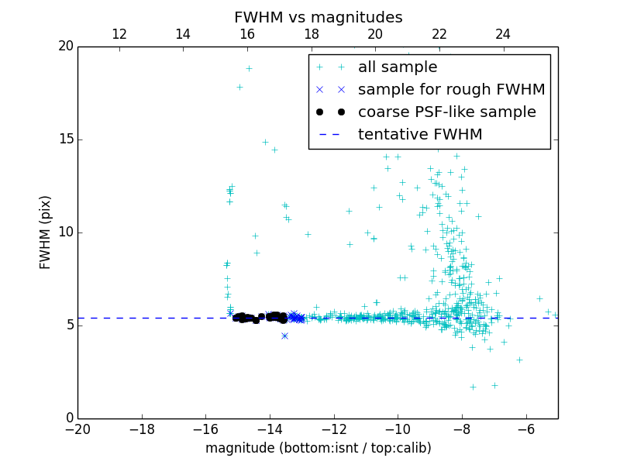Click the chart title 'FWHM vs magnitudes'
[x=318, y=17]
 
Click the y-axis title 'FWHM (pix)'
[x=46, y=232]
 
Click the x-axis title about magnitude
[x=318, y=448]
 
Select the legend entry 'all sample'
[x=397, y=67]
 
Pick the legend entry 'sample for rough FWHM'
[x=451, y=90]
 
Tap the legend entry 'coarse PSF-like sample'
[x=446, y=112]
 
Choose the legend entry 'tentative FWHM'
[x=419, y=135]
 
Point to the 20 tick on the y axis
[x=65, y=46]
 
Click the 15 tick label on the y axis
[x=65, y=139]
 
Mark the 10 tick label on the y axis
[x=65, y=232]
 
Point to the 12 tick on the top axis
[x=119, y=34]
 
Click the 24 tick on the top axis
[x=503, y=34]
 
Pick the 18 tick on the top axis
[x=311, y=34]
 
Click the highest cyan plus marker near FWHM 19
[x=249, y=68]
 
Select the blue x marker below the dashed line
[x=284, y=336]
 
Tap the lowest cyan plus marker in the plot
[x=473, y=387]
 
